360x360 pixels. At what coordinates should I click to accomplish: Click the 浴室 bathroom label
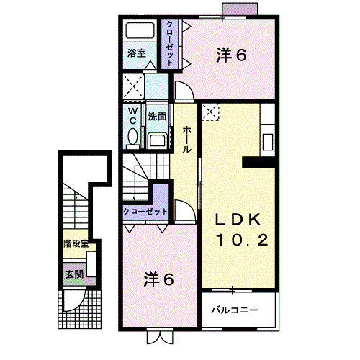click(137, 53)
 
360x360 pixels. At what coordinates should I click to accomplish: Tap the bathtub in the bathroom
click(138, 32)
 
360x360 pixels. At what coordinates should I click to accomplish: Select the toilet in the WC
click(132, 136)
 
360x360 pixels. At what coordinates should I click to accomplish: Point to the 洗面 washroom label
click(157, 116)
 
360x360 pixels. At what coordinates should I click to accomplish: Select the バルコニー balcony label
click(235, 311)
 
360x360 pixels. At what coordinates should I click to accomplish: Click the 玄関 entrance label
click(74, 274)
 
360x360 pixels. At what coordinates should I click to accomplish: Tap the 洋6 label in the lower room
click(158, 279)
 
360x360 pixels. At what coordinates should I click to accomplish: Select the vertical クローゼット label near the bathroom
click(168, 44)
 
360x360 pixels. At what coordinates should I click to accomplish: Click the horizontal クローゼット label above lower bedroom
click(145, 212)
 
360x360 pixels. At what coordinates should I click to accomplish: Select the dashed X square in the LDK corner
click(211, 112)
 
